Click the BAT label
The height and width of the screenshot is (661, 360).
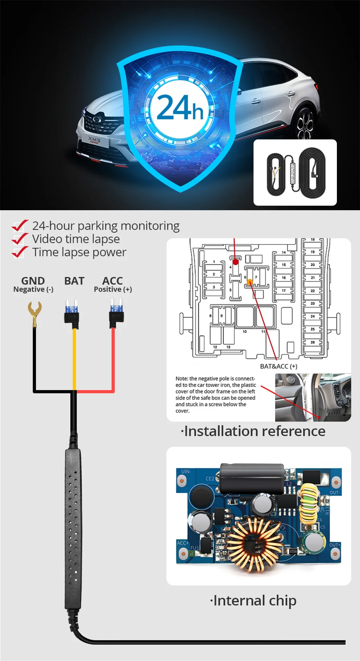tap(74, 281)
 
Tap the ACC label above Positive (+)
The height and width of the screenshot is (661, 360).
tap(113, 281)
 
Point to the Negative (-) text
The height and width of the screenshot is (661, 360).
tap(33, 289)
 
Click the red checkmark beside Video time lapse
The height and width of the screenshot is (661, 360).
tap(20, 239)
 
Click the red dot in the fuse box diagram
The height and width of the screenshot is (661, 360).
tap(236, 262)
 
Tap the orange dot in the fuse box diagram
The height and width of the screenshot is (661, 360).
tap(250, 282)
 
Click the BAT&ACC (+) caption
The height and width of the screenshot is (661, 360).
tap(279, 366)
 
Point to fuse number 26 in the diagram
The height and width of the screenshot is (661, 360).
tap(313, 342)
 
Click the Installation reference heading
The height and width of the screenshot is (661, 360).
tap(253, 431)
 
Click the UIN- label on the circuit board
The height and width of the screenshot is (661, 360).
tap(186, 472)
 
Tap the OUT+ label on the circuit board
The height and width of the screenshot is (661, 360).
tap(335, 545)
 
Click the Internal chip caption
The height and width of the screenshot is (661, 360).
tap(253, 600)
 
